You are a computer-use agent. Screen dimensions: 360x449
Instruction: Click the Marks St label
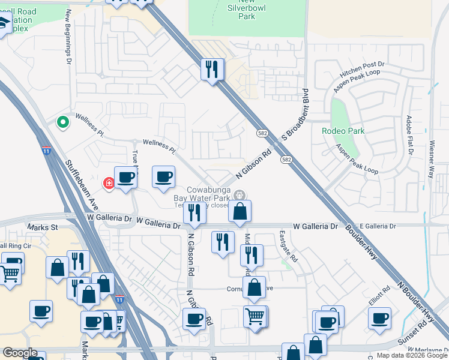pyautogui.click(x=42, y=228)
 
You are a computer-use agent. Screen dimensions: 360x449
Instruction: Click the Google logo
pyautogui.click(x=20, y=353)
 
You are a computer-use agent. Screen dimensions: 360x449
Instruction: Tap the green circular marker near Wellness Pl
pyautogui.click(x=62, y=122)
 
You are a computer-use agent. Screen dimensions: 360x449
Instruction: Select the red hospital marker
pyautogui.click(x=109, y=183)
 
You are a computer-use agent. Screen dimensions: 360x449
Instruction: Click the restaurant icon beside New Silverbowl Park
pyautogui.click(x=212, y=69)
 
